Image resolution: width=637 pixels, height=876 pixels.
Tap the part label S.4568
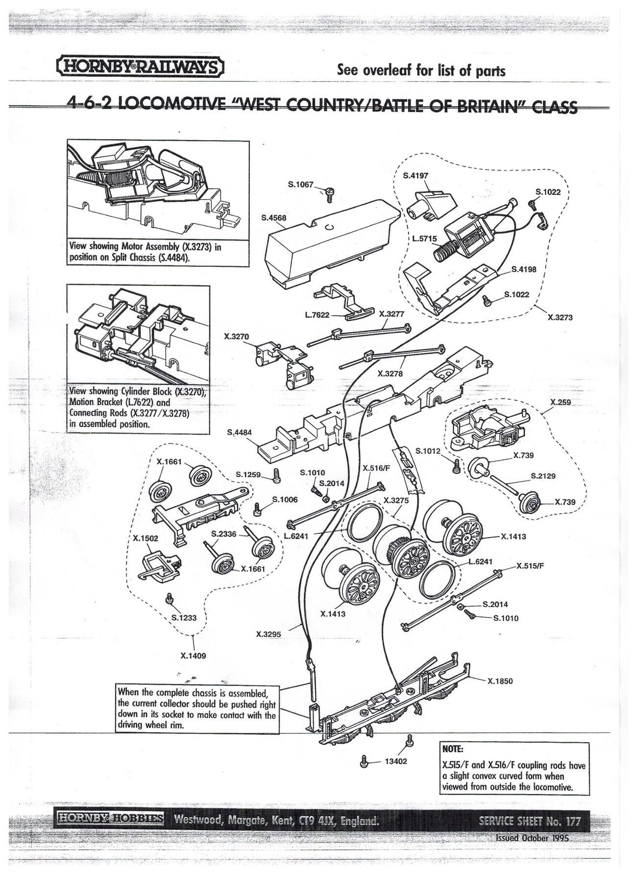coord(274,218)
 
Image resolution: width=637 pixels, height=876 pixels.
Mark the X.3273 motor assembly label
coord(560,317)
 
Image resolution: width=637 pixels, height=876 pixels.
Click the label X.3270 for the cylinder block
coord(236,337)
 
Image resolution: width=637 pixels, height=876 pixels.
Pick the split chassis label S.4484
coord(240,433)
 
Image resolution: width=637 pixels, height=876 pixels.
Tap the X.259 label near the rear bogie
coord(560,402)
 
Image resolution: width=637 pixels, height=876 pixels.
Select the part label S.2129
coord(543,476)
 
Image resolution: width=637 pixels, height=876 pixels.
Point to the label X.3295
coord(269,634)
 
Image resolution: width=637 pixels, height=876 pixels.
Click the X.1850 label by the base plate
coord(500,681)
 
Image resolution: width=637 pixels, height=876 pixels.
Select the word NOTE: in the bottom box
coord(452,750)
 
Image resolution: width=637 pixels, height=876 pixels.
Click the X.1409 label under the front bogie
coord(194,656)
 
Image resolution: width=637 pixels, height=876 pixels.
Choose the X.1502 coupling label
coord(146,538)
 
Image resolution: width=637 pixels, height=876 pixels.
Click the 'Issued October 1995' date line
coord(533,838)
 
